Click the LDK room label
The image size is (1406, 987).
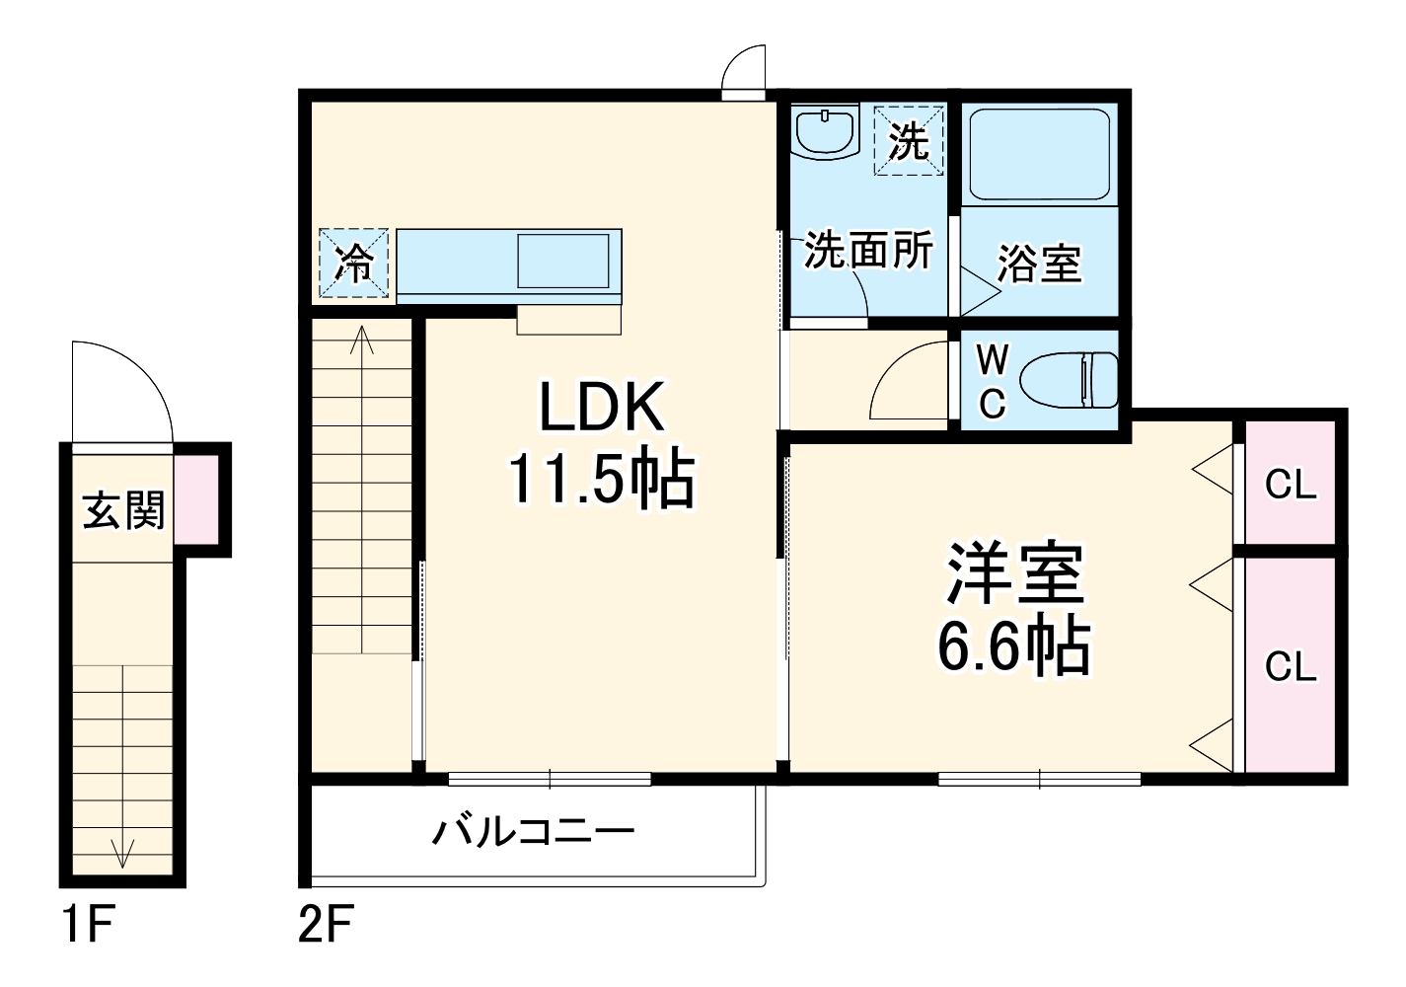point(601,406)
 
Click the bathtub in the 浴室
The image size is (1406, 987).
point(1040,154)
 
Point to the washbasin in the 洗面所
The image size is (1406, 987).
point(825,133)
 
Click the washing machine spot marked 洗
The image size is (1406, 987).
point(909,141)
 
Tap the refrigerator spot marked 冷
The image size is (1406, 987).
point(353,263)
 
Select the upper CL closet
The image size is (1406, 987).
point(1291,484)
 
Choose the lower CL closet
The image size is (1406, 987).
point(1291,666)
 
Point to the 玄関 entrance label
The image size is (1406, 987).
point(123,510)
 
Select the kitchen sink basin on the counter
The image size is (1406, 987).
point(562,261)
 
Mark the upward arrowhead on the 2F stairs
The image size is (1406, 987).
point(362,340)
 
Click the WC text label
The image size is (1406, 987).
point(992,381)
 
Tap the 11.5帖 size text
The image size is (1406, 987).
point(601,480)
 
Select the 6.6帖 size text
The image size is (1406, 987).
point(1013,646)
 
